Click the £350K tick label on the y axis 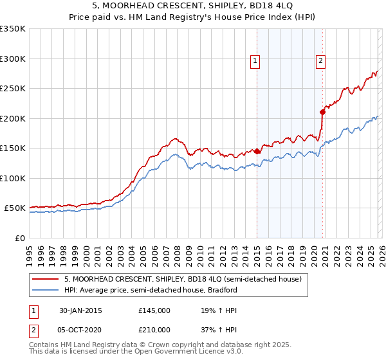(x=13, y=29)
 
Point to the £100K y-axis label (x=13, y=178)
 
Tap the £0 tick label (x=19, y=238)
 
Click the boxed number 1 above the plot (x=255, y=61)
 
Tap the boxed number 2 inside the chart (x=320, y=61)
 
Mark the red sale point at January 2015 (x=257, y=152)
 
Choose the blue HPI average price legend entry (x=151, y=290)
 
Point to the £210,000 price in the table (x=154, y=329)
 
